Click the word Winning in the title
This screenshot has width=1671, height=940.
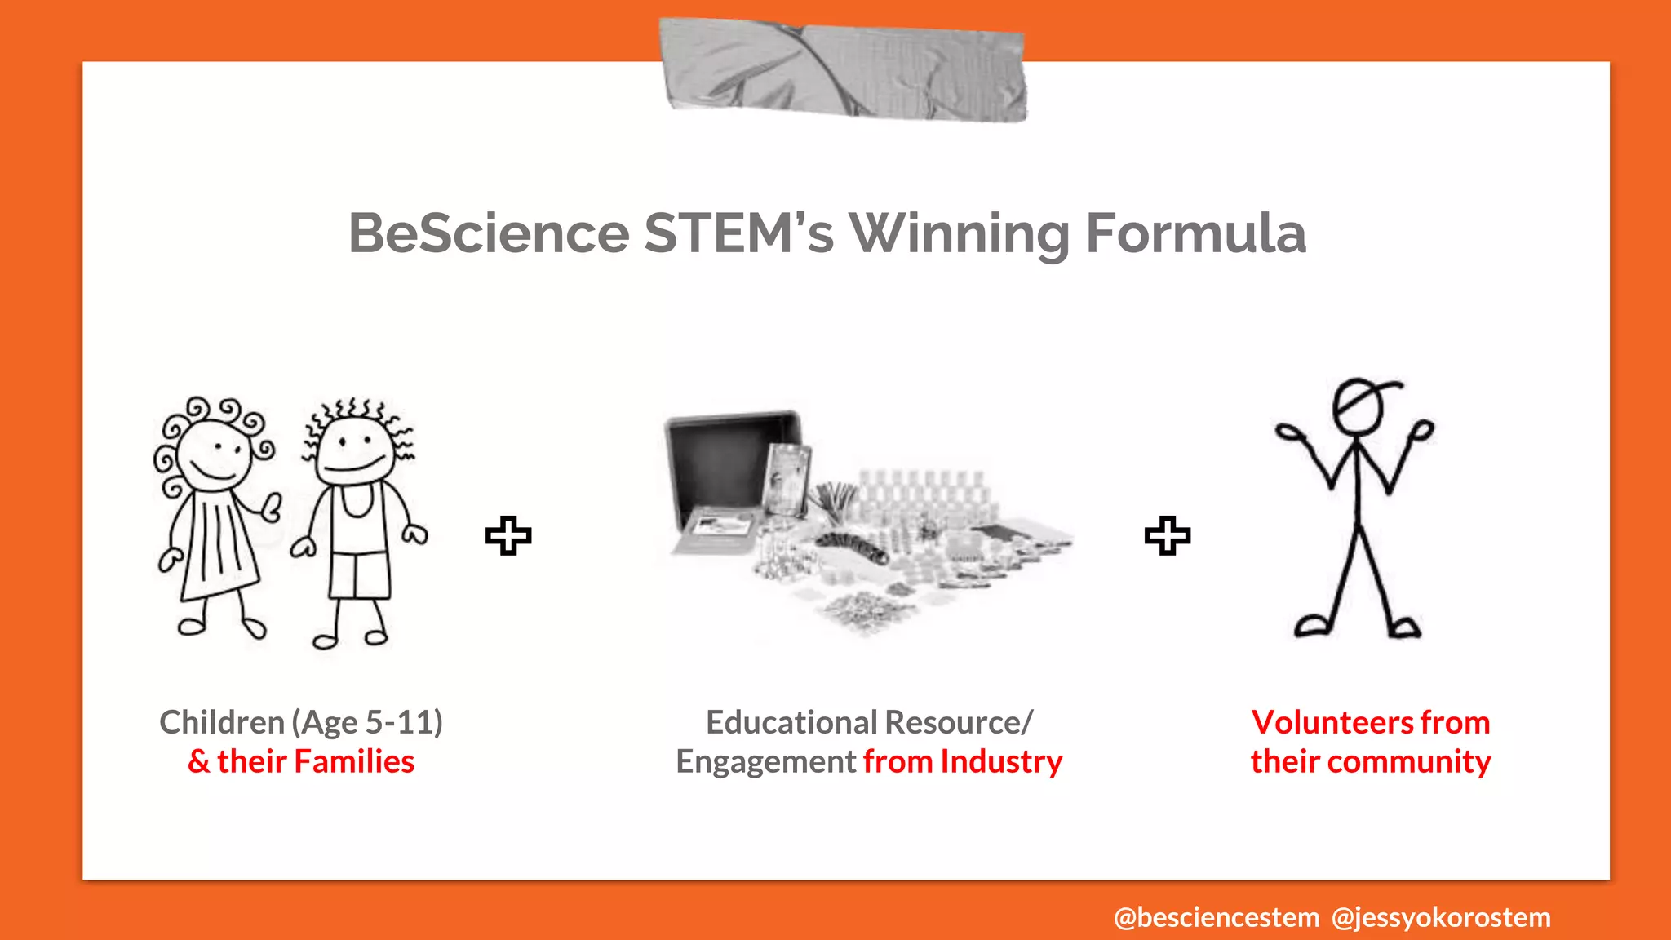(960, 234)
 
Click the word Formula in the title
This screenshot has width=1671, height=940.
(1195, 234)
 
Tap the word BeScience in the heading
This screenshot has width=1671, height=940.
(489, 234)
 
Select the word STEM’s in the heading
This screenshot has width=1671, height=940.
(738, 234)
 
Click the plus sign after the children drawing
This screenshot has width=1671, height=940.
(508, 536)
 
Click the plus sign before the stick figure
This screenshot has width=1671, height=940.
(1168, 536)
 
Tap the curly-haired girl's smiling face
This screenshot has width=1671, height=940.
(214, 455)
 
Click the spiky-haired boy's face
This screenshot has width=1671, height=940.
(355, 450)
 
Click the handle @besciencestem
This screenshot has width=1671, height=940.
(1216, 918)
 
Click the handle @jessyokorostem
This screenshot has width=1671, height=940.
(1441, 918)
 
